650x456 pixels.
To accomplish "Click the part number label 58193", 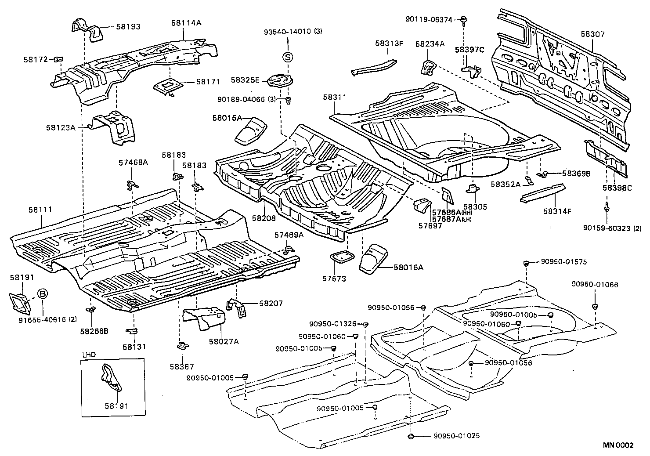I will pyautogui.click(x=128, y=27).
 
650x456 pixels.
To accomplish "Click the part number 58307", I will pyautogui.click(x=592, y=33).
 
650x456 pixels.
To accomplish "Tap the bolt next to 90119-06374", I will pyautogui.click(x=464, y=19).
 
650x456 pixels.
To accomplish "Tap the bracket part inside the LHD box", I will pyautogui.click(x=110, y=377).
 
